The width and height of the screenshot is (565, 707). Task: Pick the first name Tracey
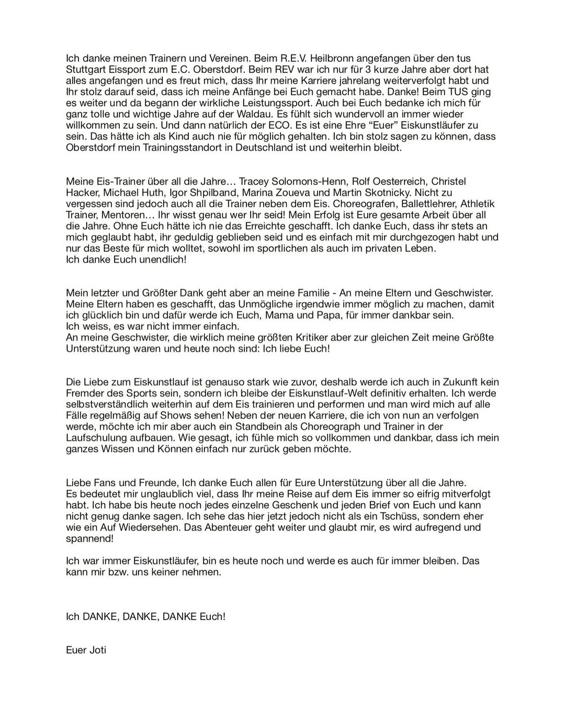click(x=254, y=182)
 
